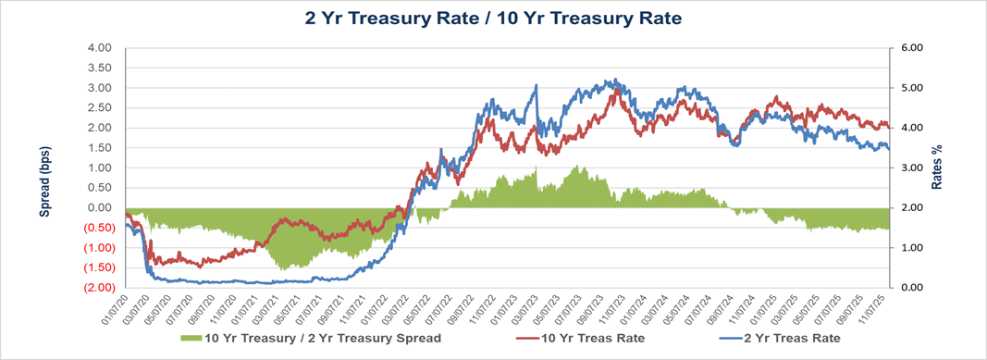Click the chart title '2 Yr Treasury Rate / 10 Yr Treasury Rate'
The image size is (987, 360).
493,18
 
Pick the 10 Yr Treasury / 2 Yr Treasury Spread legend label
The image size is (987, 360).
322,338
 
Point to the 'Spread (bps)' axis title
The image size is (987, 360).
44,180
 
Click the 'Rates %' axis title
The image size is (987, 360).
936,167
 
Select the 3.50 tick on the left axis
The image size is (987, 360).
98,68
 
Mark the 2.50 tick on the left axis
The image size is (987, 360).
98,107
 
